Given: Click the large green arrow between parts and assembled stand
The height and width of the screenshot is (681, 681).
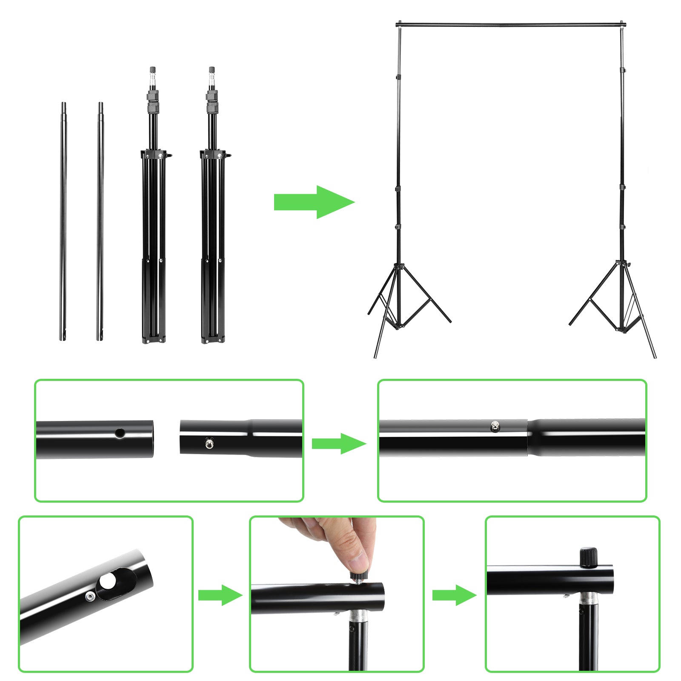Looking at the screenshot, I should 314,202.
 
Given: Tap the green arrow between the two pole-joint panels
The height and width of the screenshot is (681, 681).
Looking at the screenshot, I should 339,444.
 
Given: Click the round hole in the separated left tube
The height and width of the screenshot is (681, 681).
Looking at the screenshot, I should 120,434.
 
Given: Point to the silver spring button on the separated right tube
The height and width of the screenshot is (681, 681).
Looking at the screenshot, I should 209,444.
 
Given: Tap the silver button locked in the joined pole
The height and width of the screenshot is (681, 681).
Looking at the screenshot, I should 495,426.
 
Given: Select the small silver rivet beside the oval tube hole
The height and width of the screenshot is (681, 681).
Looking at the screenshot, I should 90,597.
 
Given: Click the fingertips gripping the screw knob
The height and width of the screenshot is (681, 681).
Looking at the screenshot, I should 359,562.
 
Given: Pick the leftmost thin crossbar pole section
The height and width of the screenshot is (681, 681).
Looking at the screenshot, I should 63,221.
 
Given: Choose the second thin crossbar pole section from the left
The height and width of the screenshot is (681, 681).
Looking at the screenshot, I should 100,221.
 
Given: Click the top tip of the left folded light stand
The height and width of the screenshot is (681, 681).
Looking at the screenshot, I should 152,69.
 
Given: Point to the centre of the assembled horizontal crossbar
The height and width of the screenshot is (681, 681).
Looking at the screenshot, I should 511,25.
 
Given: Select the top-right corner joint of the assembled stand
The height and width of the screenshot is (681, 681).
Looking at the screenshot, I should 622,25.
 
